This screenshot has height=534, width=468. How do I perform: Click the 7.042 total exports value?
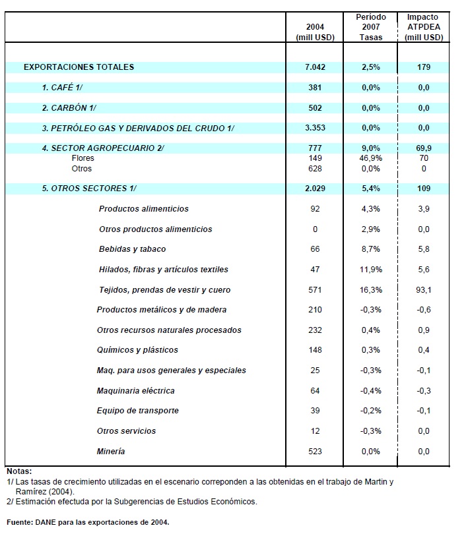(315, 67)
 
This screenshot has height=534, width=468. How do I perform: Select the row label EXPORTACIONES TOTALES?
(79, 67)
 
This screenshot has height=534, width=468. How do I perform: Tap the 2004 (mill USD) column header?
(316, 32)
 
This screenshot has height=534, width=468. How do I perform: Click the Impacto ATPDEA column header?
(423, 26)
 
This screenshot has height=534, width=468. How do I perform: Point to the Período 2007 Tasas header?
(371, 26)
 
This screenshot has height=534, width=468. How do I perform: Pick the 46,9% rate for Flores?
(371, 158)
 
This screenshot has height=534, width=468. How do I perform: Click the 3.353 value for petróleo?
(315, 129)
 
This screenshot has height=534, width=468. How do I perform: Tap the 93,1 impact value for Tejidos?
(423, 290)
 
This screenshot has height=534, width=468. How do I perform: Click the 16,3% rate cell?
(371, 290)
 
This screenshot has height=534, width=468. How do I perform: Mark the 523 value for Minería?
(315, 452)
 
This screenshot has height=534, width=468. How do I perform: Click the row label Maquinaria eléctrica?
(135, 391)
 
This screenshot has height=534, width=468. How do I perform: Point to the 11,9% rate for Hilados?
(371, 270)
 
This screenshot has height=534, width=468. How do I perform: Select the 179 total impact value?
(423, 67)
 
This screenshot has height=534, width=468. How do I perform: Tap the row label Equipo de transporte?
(137, 411)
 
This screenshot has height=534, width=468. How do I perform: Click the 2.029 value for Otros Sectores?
(315, 189)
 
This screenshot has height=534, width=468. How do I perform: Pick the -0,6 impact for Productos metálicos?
(423, 310)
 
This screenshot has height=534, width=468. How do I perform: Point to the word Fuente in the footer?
(20, 522)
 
